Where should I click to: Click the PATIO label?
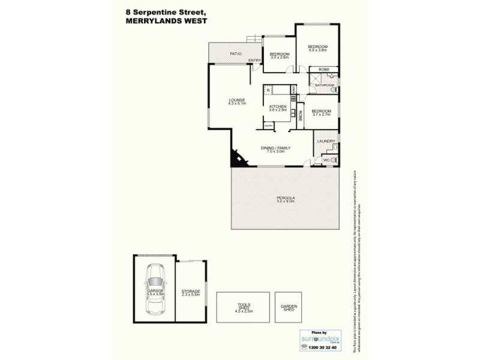tap(235, 55)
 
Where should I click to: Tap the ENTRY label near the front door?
tap(254, 60)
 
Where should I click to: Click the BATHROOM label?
tap(325, 86)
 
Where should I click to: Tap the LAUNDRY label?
tap(326, 142)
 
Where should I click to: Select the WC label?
tap(327, 160)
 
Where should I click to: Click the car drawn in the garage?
tap(155, 293)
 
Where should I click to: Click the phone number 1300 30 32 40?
tap(320, 349)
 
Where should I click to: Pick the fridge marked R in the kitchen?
tap(268, 90)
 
